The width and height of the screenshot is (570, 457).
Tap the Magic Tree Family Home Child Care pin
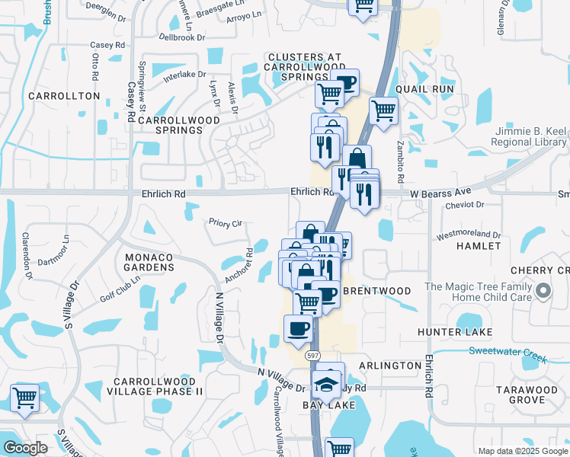(543, 290)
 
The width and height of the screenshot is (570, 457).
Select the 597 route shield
(312, 356)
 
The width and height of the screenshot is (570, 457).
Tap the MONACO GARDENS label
(149, 263)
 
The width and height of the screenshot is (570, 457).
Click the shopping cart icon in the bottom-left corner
(25, 398)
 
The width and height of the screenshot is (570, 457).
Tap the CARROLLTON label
(64, 96)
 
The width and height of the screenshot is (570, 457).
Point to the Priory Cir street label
(226, 223)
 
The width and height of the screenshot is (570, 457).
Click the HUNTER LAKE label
(454, 333)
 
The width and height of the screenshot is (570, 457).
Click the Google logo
(25, 448)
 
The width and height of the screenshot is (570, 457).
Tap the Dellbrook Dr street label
(183, 37)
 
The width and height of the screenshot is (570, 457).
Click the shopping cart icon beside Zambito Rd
(384, 110)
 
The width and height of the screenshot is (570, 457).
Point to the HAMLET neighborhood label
(479, 246)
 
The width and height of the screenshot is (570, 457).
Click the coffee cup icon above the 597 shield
(298, 328)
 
